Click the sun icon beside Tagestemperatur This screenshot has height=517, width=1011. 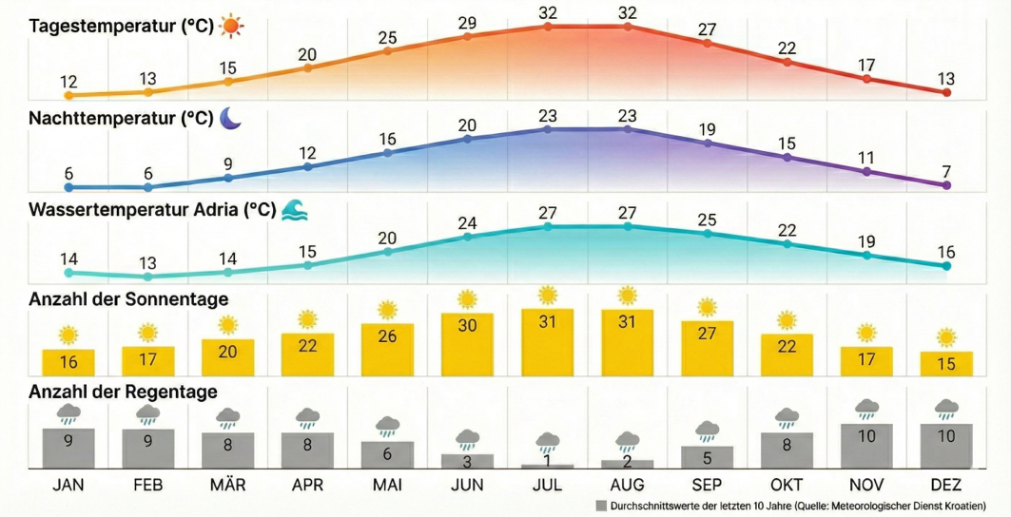pos(231,27)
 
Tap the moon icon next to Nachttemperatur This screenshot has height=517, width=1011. pos(231,118)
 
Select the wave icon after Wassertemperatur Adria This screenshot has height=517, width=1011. pos(294,209)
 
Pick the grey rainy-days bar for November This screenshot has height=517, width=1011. pos(866,446)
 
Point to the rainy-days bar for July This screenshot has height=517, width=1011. pos(547,466)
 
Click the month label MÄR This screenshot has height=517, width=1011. pos(227,485)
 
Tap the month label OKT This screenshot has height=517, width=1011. pos(787,485)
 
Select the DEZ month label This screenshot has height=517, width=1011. pos(946,485)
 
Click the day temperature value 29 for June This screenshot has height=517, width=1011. pos(467,23)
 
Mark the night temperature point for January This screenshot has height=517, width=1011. pos(68,187)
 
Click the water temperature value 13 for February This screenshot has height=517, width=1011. pos(147,262)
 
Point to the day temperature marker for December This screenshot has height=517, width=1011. pos(946,92)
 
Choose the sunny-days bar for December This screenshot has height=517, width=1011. pos(946,363)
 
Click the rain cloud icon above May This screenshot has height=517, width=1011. pos(387,425)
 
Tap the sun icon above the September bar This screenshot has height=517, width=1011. pos(707,307)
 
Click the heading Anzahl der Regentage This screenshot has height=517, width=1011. pos(124,392)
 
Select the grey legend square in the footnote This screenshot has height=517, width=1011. pos(600,506)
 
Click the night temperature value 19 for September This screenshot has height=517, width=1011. pos(707,129)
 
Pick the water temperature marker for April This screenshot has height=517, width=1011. pos(307,265)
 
